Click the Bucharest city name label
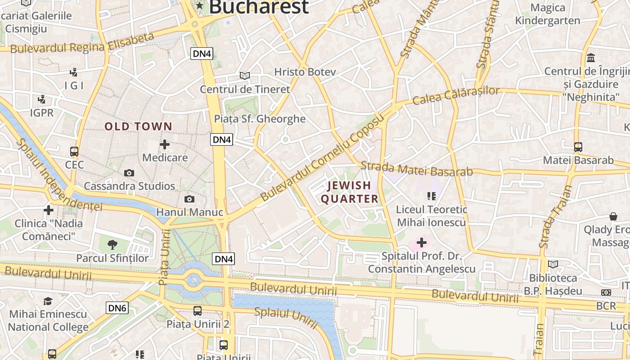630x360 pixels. tap(259, 7)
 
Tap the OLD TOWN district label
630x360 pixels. tap(139, 126)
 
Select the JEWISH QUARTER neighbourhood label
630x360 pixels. tap(350, 192)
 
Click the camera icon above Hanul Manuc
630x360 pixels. tap(189, 199)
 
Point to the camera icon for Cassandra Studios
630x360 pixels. tap(129, 173)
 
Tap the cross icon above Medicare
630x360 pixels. tap(165, 144)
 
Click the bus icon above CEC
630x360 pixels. tap(74, 152)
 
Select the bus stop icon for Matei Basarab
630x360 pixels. tap(578, 147)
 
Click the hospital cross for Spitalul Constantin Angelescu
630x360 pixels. tap(422, 243)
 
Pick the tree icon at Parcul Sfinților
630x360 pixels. tap(112, 245)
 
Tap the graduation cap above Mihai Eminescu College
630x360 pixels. tap(48, 301)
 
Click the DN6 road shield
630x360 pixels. tap(117, 308)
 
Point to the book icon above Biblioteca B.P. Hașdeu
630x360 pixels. tap(553, 265)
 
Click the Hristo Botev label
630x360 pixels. tap(305, 72)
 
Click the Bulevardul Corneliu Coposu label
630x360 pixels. tap(323, 157)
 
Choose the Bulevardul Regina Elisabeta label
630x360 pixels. tap(82, 43)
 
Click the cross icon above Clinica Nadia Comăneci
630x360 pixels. tap(49, 210)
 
